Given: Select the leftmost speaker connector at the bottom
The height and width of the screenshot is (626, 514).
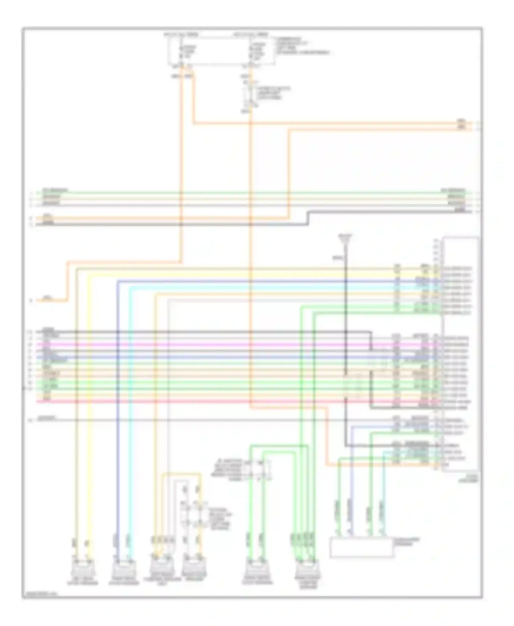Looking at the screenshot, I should (x=83, y=569).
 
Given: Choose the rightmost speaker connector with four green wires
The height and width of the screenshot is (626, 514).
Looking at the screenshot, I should (x=308, y=569).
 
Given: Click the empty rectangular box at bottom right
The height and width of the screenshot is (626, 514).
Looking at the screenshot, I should (x=361, y=548).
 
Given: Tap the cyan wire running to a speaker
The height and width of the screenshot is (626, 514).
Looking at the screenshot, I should (x=131, y=411).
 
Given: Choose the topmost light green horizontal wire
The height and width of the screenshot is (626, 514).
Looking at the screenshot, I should (x=240, y=193).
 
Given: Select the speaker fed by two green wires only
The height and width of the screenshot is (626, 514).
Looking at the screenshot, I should (x=254, y=569).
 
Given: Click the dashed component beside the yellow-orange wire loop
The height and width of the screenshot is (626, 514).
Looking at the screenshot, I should (x=192, y=514).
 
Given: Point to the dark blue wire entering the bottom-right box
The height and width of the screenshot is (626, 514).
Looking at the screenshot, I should (x=351, y=479).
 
